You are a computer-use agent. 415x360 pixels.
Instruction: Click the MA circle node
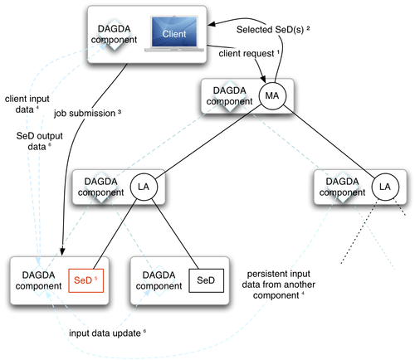click(x=272, y=95)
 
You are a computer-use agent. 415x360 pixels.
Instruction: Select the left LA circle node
click(x=144, y=187)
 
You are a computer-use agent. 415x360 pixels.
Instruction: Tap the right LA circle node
click(x=385, y=187)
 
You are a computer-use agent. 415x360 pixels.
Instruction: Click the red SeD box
click(x=85, y=280)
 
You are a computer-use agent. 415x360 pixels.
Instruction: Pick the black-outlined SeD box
click(x=206, y=280)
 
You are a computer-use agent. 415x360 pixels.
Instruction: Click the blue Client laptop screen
click(x=174, y=32)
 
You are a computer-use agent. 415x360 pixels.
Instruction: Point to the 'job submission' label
click(x=87, y=114)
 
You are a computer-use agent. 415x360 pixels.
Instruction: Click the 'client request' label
click(x=249, y=53)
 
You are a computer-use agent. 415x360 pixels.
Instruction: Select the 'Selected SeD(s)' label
click(x=273, y=29)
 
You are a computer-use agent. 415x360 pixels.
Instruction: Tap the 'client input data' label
click(x=27, y=104)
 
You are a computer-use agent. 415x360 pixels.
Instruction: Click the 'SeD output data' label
click(x=39, y=141)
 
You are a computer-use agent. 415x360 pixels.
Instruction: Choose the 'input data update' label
click(x=107, y=333)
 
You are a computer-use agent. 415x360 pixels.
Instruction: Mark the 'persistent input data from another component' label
click(x=278, y=285)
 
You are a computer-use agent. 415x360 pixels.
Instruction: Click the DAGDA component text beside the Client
click(x=114, y=34)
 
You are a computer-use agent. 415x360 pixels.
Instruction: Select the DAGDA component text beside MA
click(x=229, y=96)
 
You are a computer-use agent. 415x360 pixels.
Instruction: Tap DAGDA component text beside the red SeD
click(x=38, y=280)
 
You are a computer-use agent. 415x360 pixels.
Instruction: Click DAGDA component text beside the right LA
click(x=342, y=187)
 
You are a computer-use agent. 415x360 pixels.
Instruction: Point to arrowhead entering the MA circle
click(x=262, y=78)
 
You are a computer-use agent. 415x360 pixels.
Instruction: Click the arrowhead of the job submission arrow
click(x=62, y=251)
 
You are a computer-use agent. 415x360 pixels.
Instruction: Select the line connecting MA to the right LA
click(x=329, y=140)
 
